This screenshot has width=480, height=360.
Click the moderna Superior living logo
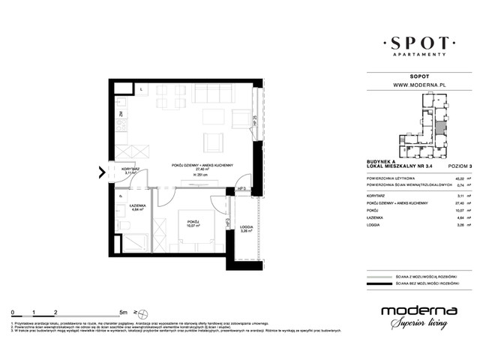pyautogui.click(x=416, y=317)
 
